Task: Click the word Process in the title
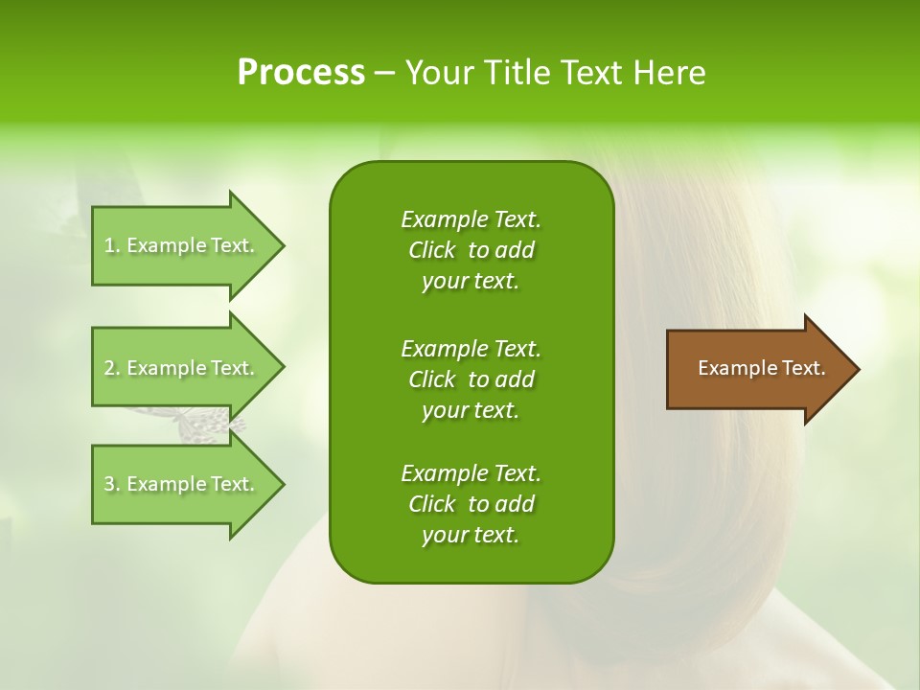click(x=301, y=73)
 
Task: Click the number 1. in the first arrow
click(x=111, y=245)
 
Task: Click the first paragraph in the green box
click(x=471, y=250)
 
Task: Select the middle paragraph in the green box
click(x=471, y=379)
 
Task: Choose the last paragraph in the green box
click(x=471, y=504)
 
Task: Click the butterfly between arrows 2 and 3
click(x=206, y=423)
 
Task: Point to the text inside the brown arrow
click(x=762, y=368)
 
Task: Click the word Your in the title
click(x=440, y=73)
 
